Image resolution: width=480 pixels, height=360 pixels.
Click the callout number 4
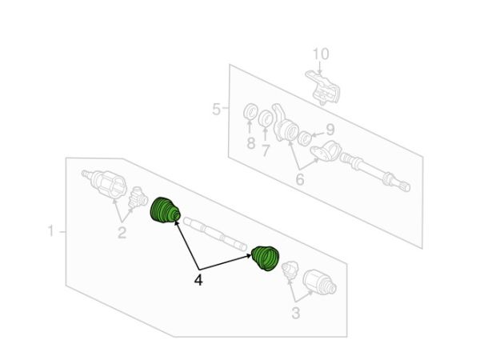click(x=198, y=280)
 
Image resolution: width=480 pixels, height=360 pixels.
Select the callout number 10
click(x=321, y=54)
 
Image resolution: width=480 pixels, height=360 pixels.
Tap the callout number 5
click(x=216, y=110)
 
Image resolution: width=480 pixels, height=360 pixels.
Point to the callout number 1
click(x=51, y=230)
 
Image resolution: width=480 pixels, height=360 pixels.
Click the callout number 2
click(x=122, y=233)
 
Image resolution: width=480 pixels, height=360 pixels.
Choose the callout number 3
click(x=295, y=313)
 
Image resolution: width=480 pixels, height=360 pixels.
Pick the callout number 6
click(x=300, y=179)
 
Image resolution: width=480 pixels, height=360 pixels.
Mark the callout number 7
click(x=266, y=150)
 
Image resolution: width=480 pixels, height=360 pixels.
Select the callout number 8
click(x=250, y=143)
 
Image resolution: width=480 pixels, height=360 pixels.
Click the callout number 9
click(x=330, y=130)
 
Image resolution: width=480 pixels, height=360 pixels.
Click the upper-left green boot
click(x=165, y=211)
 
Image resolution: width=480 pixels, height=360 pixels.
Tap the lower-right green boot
click(x=265, y=258)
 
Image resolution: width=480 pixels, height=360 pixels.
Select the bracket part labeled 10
click(x=322, y=87)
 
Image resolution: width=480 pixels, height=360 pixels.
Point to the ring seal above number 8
click(x=250, y=112)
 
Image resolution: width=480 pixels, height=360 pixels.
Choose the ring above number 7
click(x=266, y=118)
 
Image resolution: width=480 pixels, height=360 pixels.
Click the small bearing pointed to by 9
click(x=306, y=138)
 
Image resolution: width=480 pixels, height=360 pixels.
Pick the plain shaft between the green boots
click(x=215, y=234)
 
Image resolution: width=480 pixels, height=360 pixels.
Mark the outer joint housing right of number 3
click(x=319, y=282)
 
